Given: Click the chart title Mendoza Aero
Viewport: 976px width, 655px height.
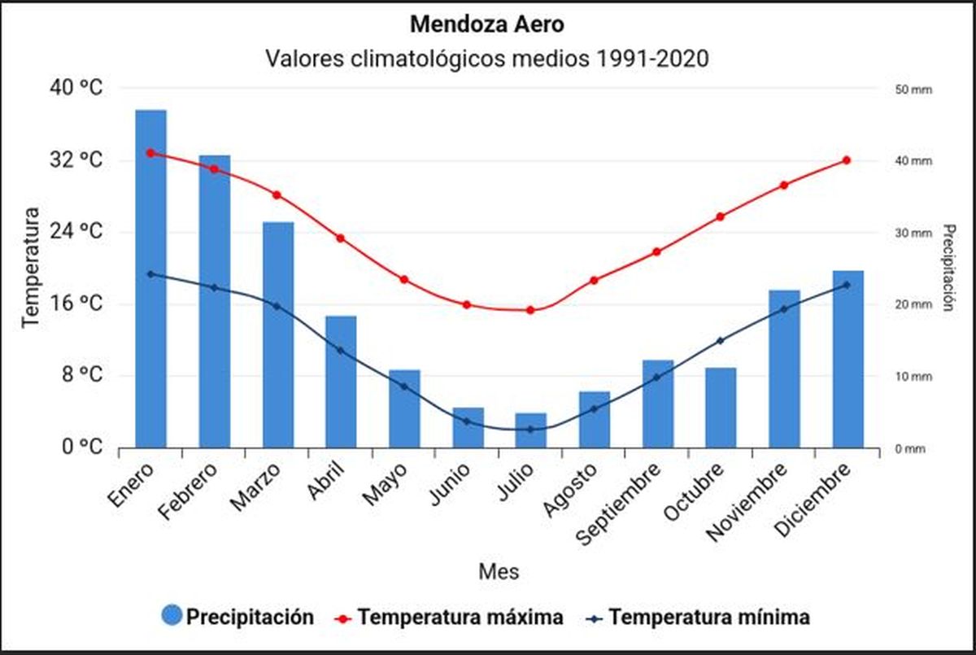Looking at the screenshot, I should (x=486, y=24).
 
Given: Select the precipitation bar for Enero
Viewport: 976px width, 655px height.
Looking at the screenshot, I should (x=150, y=278).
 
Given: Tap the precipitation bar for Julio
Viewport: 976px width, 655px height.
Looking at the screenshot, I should (x=530, y=430).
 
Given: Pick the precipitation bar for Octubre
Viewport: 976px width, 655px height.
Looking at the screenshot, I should (x=721, y=408).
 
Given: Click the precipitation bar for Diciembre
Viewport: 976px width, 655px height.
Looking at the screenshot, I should (x=847, y=359).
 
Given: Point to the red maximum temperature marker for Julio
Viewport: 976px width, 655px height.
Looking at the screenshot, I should (x=530, y=310).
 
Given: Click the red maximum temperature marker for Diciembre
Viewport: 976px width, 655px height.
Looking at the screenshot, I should (x=847, y=160).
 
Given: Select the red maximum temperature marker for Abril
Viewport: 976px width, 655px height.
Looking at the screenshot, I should (x=340, y=238).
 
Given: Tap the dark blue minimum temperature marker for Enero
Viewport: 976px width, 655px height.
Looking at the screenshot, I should (x=150, y=274).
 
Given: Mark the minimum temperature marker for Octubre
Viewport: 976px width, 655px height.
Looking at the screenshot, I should (x=721, y=341).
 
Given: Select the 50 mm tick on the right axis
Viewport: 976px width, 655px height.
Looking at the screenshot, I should (x=910, y=89).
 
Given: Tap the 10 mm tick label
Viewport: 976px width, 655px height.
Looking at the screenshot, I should (x=910, y=377).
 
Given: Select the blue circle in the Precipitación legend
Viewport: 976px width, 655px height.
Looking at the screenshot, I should (x=172, y=617).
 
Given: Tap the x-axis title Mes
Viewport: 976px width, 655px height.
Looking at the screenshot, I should (x=498, y=571).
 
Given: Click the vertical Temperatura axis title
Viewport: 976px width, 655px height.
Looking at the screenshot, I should (x=30, y=267).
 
